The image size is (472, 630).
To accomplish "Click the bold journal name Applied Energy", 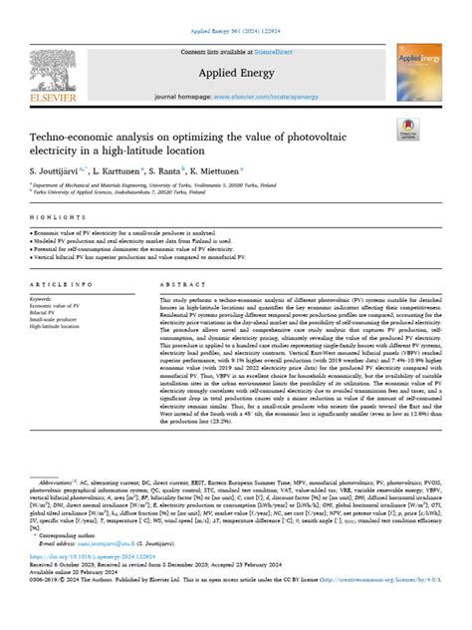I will point(236,73).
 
